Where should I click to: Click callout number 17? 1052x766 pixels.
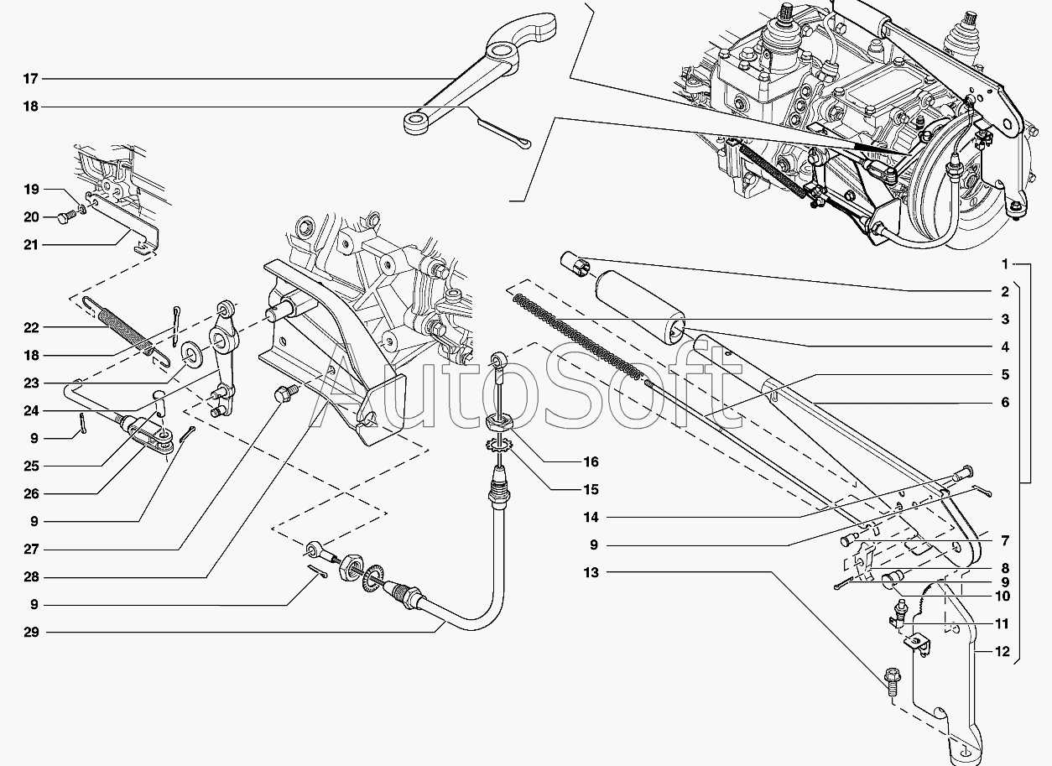tap(31, 79)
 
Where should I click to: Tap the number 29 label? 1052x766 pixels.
tap(31, 632)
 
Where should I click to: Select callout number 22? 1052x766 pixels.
tap(31, 327)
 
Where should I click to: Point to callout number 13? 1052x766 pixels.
tap(593, 572)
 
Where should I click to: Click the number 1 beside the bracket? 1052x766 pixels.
tap(1004, 264)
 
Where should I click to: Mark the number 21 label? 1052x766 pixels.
tap(31, 245)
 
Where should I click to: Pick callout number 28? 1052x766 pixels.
tap(31, 577)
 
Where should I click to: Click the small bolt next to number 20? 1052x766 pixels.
tap(65, 218)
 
